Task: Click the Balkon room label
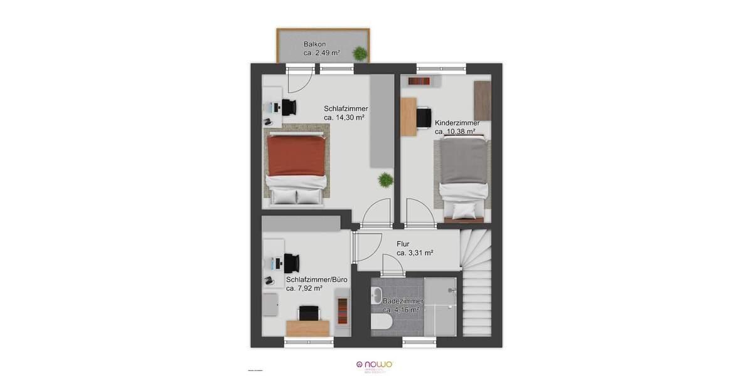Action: (x=314, y=44)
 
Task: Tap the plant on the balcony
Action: (x=360, y=55)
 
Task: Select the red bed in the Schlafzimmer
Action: (x=297, y=160)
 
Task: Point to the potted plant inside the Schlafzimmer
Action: (x=384, y=181)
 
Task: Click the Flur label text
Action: (x=403, y=244)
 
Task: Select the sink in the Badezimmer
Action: (x=377, y=295)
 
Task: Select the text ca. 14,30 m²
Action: (x=344, y=117)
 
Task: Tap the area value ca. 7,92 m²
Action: (x=304, y=288)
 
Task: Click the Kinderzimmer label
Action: (x=457, y=123)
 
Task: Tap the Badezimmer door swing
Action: (x=393, y=264)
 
